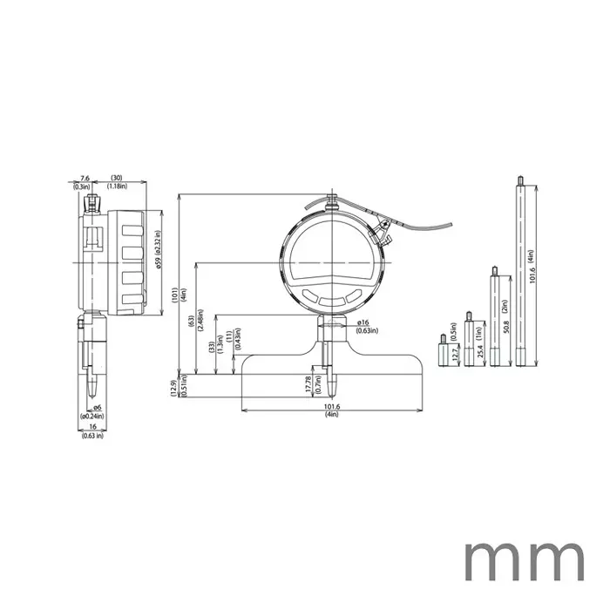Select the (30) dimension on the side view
point(116,179)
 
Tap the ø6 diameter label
point(97,409)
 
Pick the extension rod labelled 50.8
point(494,319)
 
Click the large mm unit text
point(524,560)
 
